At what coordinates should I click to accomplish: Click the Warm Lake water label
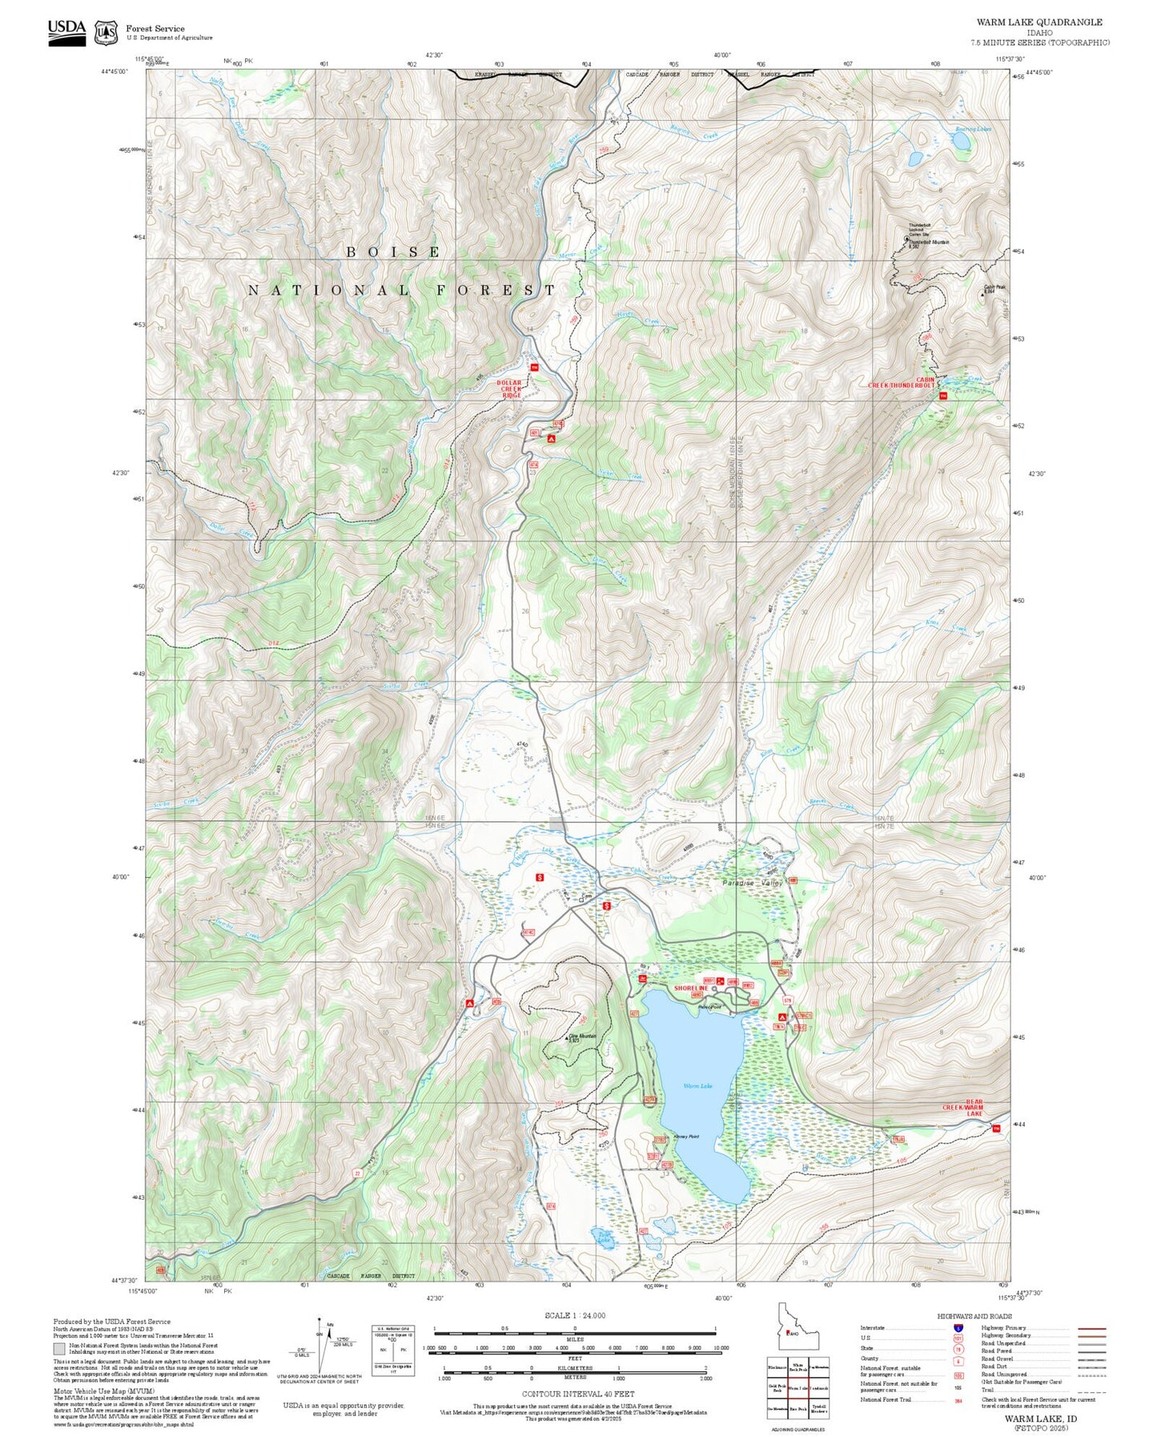(x=697, y=1086)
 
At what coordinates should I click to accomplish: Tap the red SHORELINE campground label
(x=690, y=988)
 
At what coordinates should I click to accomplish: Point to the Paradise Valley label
(x=752, y=883)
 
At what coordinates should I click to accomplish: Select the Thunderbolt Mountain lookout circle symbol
(x=906, y=239)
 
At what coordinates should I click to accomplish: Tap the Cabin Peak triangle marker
(x=983, y=294)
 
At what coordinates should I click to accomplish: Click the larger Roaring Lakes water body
(x=961, y=141)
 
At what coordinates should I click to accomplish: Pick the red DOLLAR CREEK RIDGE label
(x=511, y=389)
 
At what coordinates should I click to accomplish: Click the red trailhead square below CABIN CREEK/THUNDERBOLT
(x=942, y=396)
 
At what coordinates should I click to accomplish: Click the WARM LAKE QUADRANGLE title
(x=1038, y=22)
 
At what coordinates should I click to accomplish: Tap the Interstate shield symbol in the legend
(x=958, y=1328)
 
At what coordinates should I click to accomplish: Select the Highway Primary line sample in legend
(x=1092, y=1328)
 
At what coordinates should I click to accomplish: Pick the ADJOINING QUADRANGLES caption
(x=797, y=1430)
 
